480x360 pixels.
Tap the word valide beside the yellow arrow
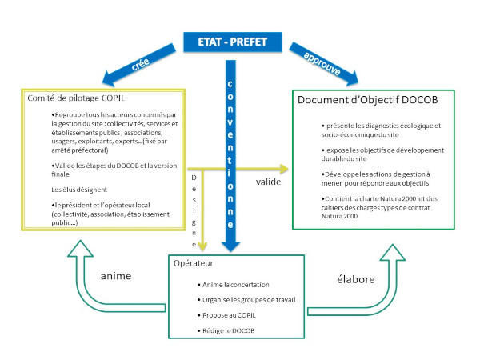[268, 182]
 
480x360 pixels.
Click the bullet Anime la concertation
[236, 284]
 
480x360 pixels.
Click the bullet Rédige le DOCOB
[227, 331]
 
